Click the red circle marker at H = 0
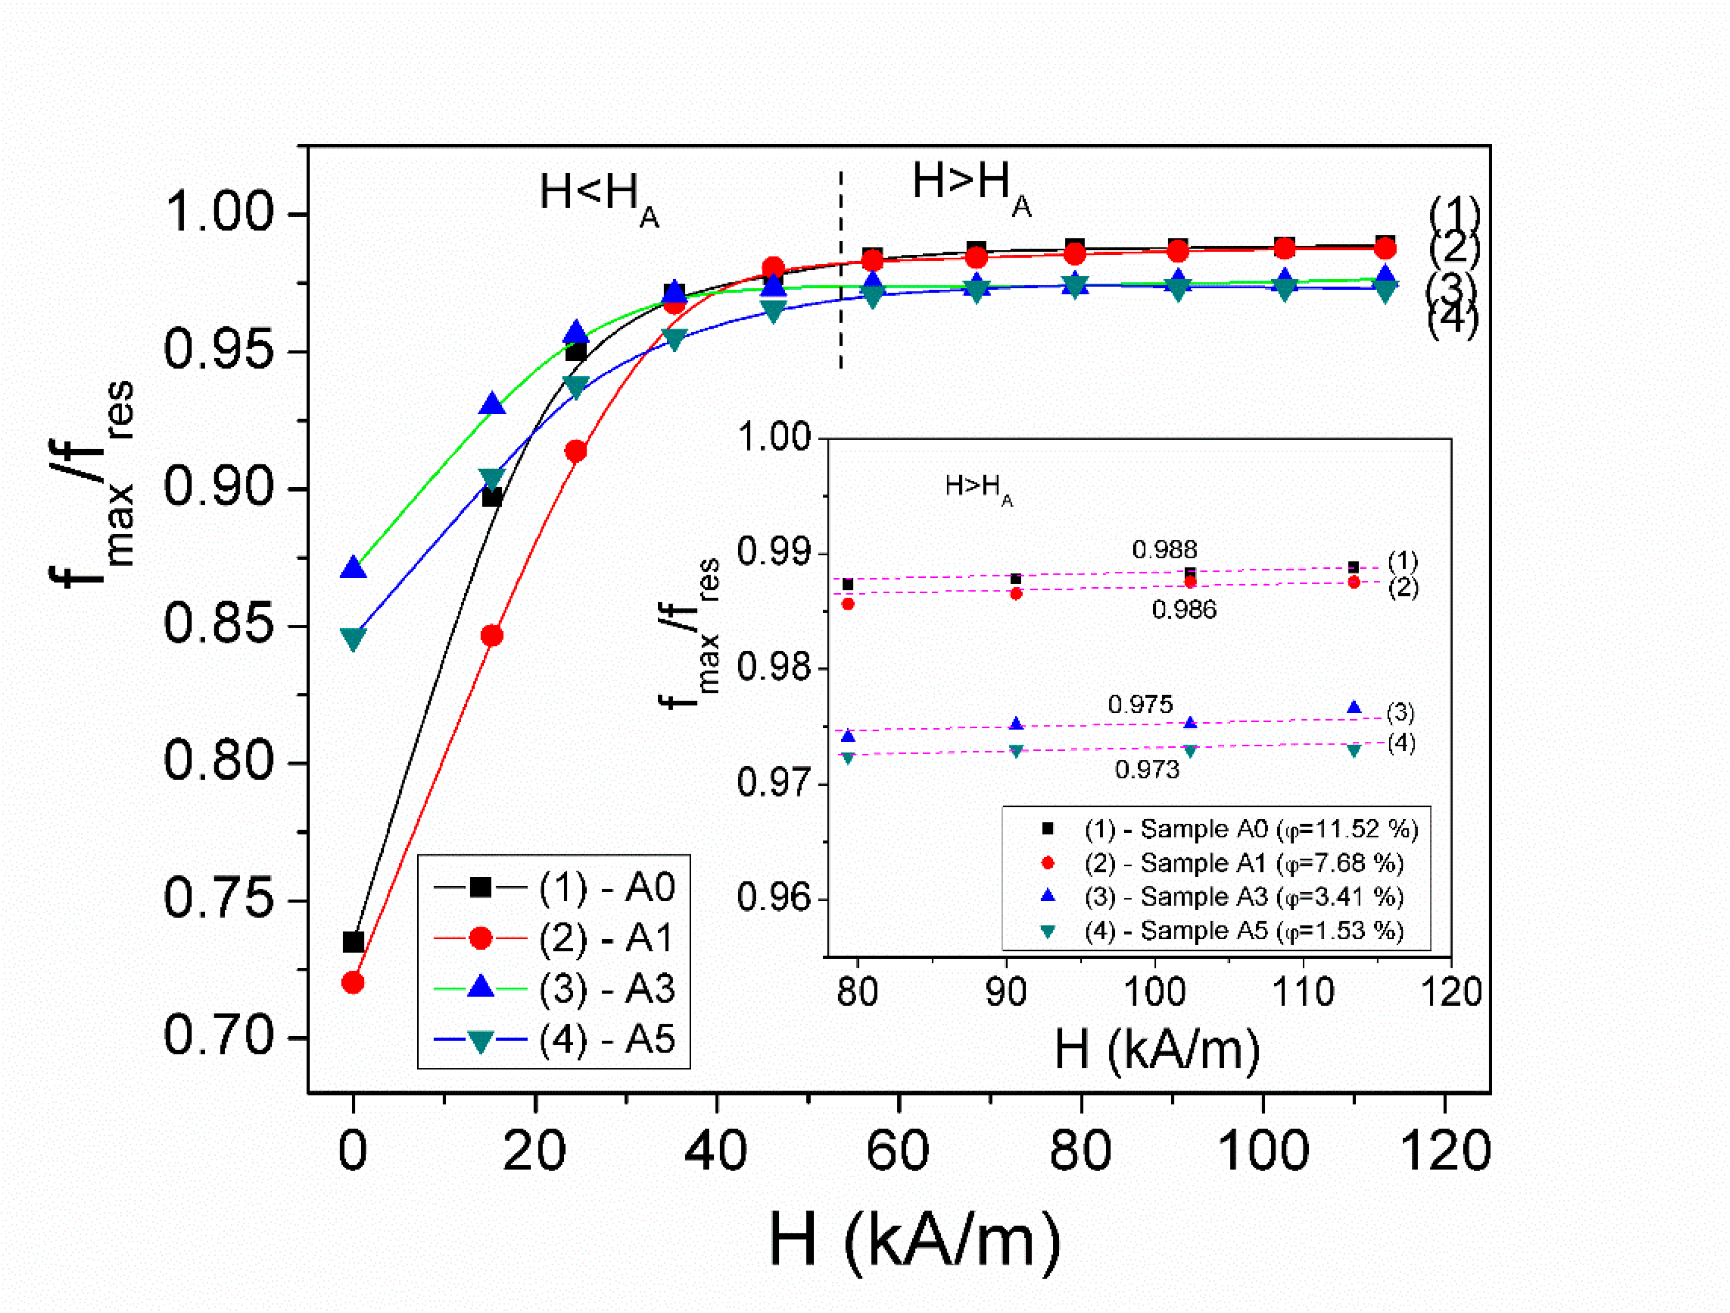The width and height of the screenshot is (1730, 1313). point(353,982)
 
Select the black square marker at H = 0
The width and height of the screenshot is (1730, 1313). point(353,942)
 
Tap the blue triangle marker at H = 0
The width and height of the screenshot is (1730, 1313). point(353,568)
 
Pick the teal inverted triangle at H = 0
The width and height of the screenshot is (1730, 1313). point(353,639)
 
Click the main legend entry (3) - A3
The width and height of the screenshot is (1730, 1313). point(606,989)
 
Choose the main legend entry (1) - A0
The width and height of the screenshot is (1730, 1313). point(606,887)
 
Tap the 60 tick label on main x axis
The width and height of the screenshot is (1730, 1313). point(898,1150)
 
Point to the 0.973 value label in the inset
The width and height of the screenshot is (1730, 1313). point(1147,769)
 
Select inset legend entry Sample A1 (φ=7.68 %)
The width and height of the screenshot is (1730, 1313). point(1243,863)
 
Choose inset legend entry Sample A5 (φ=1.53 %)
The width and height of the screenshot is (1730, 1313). point(1243,931)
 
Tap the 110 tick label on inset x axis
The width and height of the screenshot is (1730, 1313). point(1303,992)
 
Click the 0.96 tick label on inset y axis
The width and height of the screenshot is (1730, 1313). point(774,898)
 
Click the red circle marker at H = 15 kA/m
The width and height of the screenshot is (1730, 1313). point(492,636)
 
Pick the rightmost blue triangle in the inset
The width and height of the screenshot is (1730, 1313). point(1354,708)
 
